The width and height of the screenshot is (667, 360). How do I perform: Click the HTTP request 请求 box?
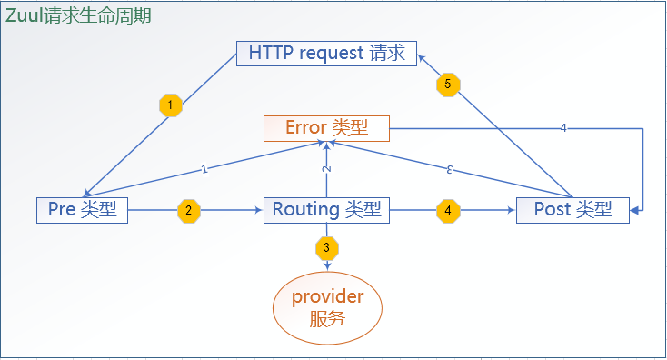(x=326, y=54)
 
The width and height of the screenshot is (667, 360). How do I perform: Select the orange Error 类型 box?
(x=326, y=128)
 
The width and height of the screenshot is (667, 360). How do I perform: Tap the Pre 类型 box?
(x=82, y=210)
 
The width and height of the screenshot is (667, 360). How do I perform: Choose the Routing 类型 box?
(x=326, y=210)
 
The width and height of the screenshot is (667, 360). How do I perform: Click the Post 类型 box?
(x=572, y=210)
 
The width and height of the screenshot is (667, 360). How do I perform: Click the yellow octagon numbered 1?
(x=170, y=105)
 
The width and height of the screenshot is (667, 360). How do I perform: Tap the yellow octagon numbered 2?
(x=188, y=210)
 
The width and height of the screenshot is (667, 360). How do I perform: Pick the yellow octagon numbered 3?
(x=326, y=246)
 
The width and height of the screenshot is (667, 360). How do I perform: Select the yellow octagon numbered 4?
(x=447, y=210)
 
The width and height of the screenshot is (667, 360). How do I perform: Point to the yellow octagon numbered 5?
(x=447, y=84)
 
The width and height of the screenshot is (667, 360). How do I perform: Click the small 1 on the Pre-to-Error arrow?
(x=204, y=168)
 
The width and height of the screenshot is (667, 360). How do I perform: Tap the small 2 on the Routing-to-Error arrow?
(x=326, y=169)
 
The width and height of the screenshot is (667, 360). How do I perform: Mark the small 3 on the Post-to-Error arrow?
(x=450, y=169)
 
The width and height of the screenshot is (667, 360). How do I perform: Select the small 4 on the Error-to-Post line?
(x=563, y=128)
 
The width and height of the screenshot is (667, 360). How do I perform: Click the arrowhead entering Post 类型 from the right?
(x=633, y=210)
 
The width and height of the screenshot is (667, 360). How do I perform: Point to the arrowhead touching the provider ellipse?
(x=326, y=265)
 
